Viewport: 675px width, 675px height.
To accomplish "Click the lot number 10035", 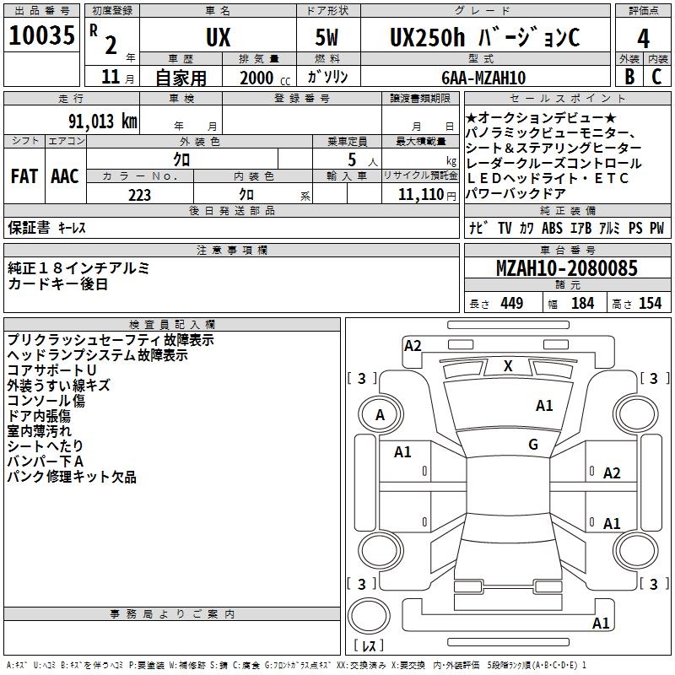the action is click(41, 37).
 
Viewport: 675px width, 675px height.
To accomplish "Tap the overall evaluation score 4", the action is click(643, 38).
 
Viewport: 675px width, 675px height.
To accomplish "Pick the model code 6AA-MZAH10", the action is click(483, 78).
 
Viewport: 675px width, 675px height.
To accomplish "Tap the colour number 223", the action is click(139, 195).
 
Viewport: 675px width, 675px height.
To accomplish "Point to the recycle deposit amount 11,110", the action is click(419, 195).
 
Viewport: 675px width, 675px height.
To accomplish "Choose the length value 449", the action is click(511, 303).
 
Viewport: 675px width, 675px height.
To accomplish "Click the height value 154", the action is click(650, 303).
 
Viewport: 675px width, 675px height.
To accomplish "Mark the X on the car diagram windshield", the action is click(508, 366).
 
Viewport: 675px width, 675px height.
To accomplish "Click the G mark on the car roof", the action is click(532, 444).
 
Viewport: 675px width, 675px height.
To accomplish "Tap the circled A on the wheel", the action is click(380, 414).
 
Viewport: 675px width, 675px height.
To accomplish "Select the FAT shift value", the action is click(24, 176).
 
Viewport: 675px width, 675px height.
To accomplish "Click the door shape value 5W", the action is click(328, 38).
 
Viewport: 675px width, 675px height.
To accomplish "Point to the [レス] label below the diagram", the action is click(369, 646).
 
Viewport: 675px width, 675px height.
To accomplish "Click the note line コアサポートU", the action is click(51, 370).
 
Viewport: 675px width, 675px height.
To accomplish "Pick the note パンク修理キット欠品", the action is click(72, 477).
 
